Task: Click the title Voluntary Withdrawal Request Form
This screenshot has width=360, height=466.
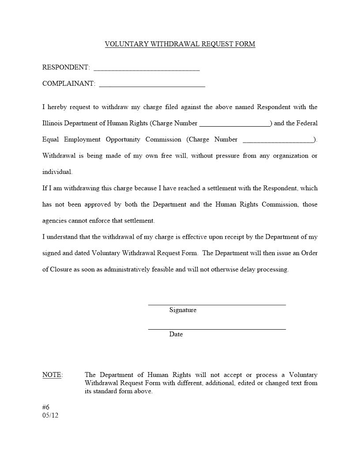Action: (x=180, y=44)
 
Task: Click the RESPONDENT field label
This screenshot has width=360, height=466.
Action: (x=66, y=68)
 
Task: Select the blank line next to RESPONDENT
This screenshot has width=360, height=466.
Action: (x=146, y=70)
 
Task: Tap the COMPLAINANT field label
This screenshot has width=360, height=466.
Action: (x=68, y=84)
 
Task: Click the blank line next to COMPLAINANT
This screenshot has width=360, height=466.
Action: (x=152, y=86)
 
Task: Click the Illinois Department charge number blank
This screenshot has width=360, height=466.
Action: (x=235, y=125)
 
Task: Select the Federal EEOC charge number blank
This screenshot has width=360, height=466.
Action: (x=278, y=142)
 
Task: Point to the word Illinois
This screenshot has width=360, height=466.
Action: (x=52, y=124)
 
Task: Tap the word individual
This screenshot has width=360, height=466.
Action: (x=57, y=172)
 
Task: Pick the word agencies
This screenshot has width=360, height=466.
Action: (x=55, y=221)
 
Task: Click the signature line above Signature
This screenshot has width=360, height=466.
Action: (x=217, y=304)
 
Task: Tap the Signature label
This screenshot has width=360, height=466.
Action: (x=183, y=310)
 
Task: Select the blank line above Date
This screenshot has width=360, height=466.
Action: (x=217, y=328)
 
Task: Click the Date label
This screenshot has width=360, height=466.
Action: (x=176, y=334)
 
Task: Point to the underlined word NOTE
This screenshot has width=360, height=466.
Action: (x=52, y=375)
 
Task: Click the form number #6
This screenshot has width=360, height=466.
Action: (x=46, y=407)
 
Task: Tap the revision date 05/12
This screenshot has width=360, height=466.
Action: (x=50, y=416)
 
